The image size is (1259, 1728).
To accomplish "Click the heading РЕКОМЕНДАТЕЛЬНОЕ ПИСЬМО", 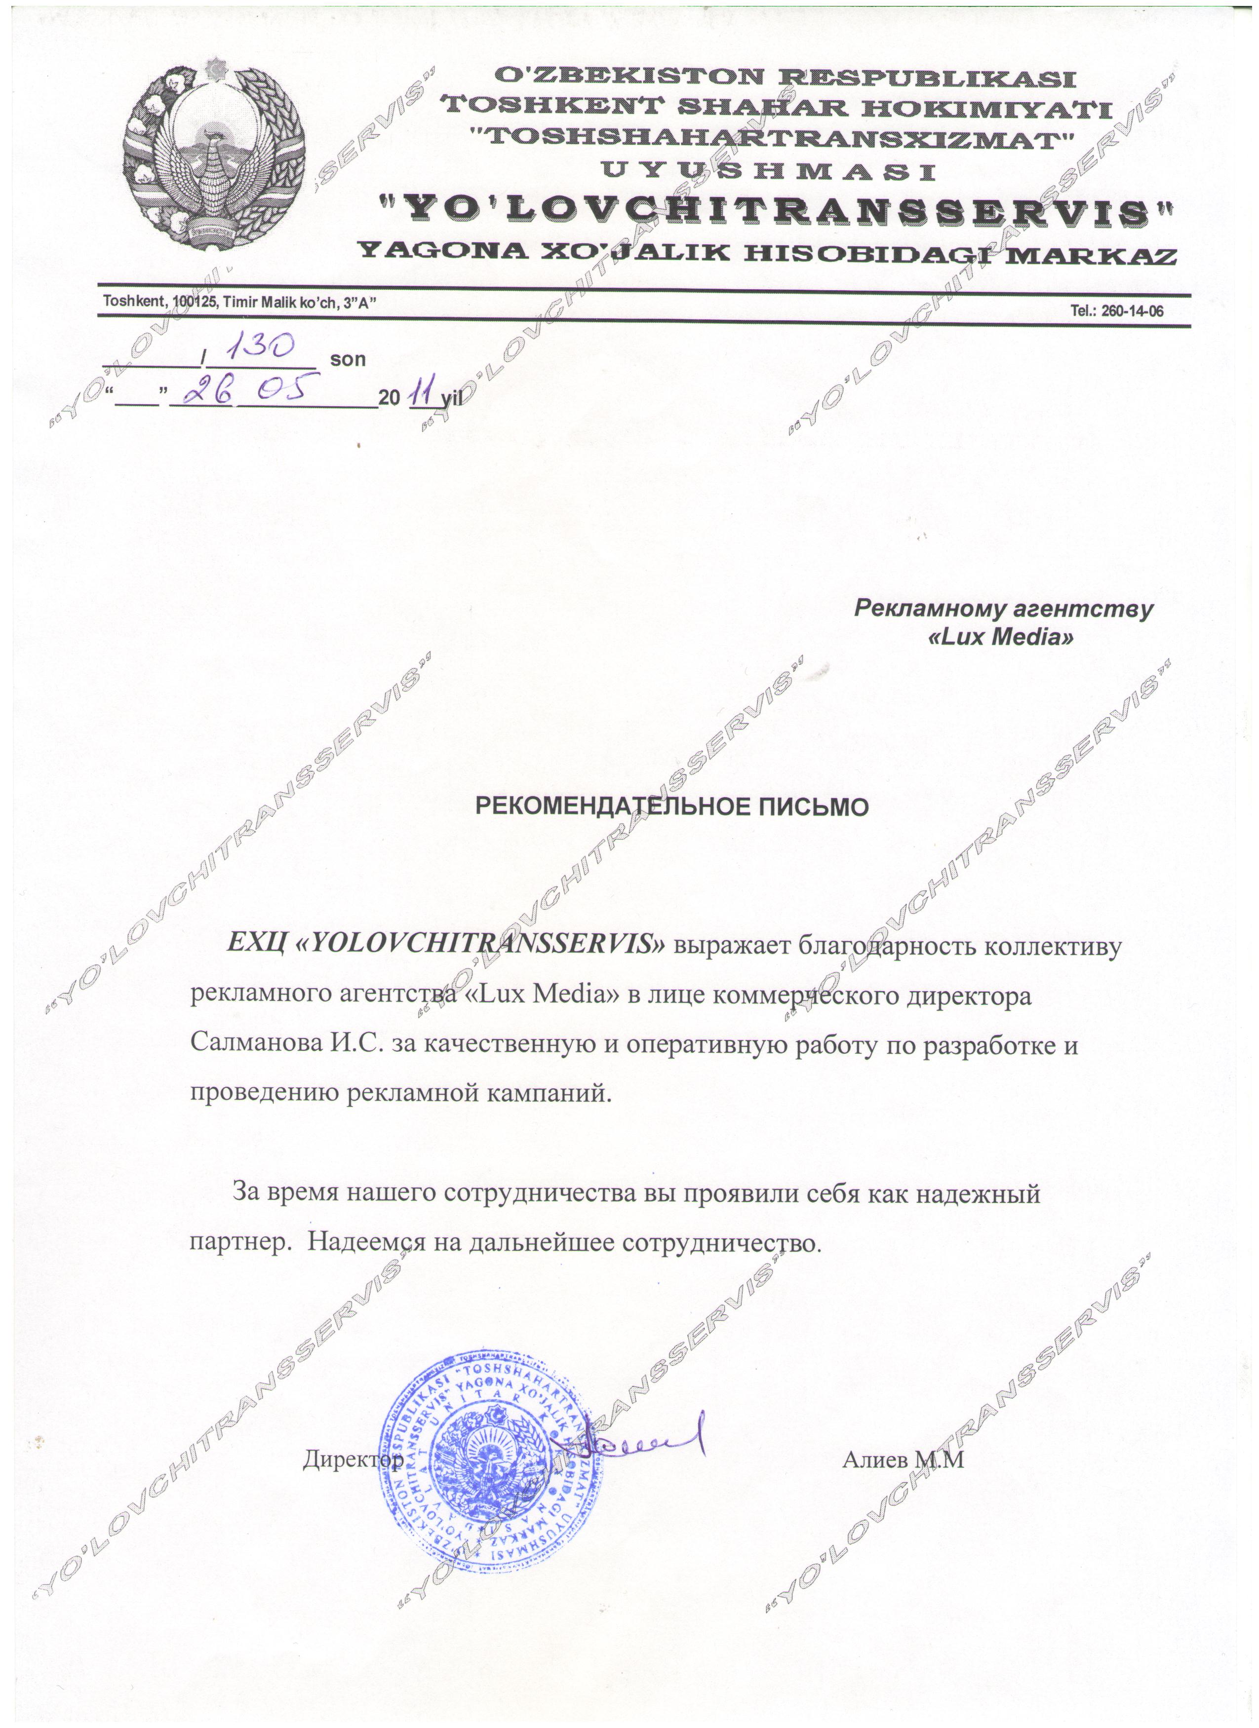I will click(671, 807).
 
